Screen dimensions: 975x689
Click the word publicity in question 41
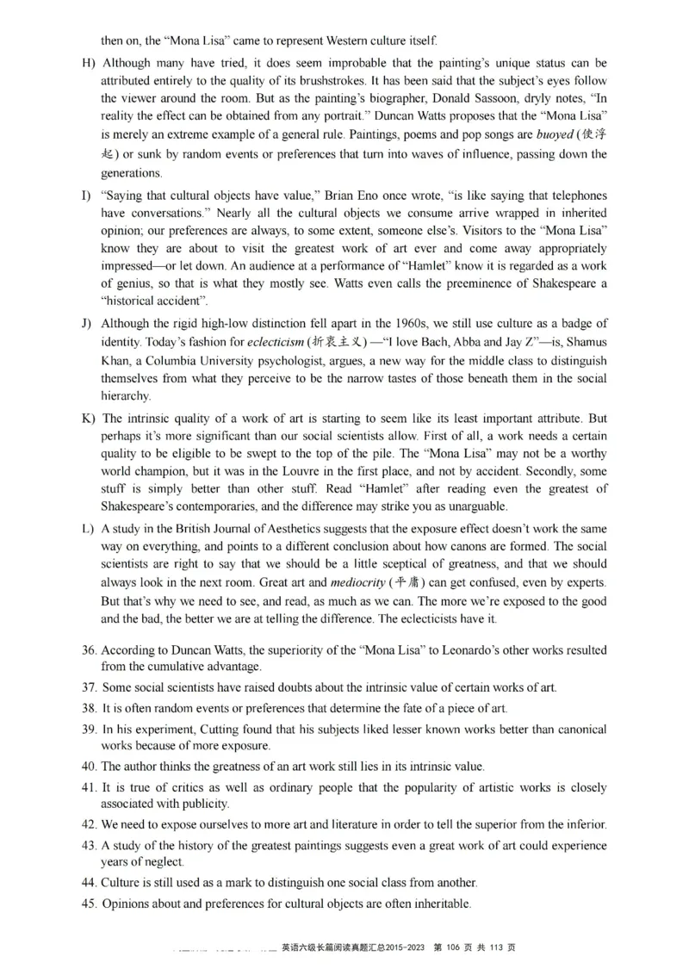[x=202, y=804]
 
